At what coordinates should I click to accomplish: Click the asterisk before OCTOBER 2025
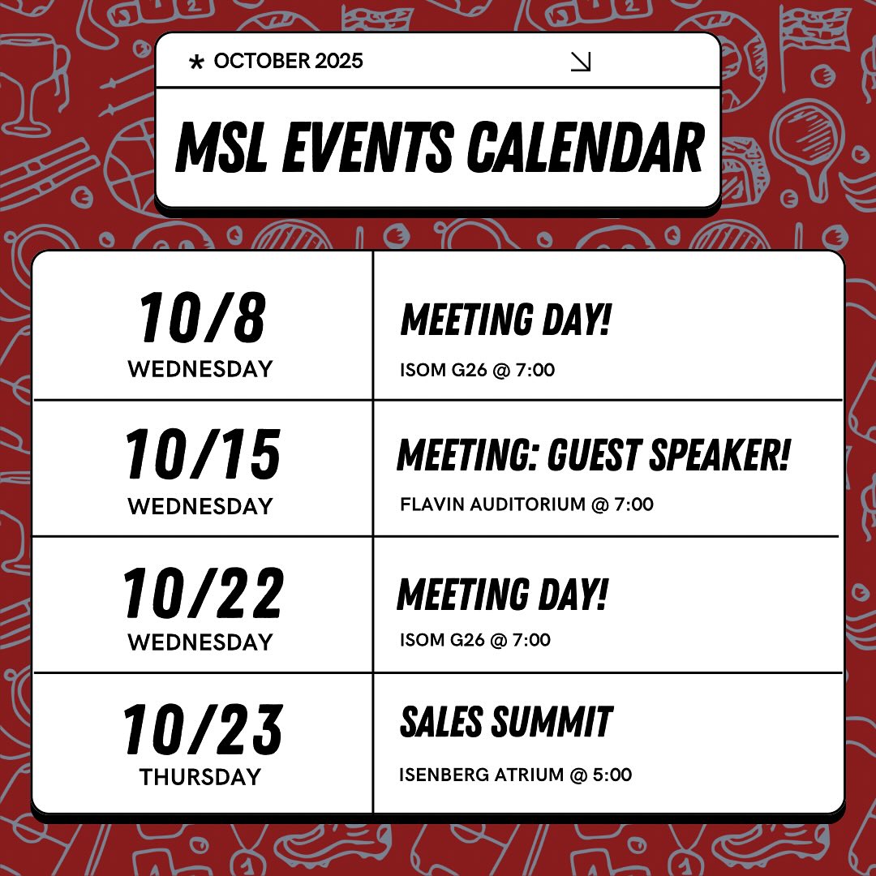195,62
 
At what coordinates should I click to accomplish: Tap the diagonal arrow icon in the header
581,62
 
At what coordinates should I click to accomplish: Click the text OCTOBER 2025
288,62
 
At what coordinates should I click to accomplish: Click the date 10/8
202,318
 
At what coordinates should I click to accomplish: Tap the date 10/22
202,593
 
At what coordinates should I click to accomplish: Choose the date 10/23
202,730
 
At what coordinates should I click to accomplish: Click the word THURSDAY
200,777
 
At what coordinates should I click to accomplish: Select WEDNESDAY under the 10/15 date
200,506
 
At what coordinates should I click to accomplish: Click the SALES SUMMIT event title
506,722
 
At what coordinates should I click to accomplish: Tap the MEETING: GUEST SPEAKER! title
593,454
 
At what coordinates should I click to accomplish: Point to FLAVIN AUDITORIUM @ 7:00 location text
526,505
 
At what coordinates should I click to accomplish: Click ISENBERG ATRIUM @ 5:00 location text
515,775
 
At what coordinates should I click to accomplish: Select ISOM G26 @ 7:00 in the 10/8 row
477,371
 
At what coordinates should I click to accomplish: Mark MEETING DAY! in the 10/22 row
502,594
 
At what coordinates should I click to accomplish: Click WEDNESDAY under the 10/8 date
200,369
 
